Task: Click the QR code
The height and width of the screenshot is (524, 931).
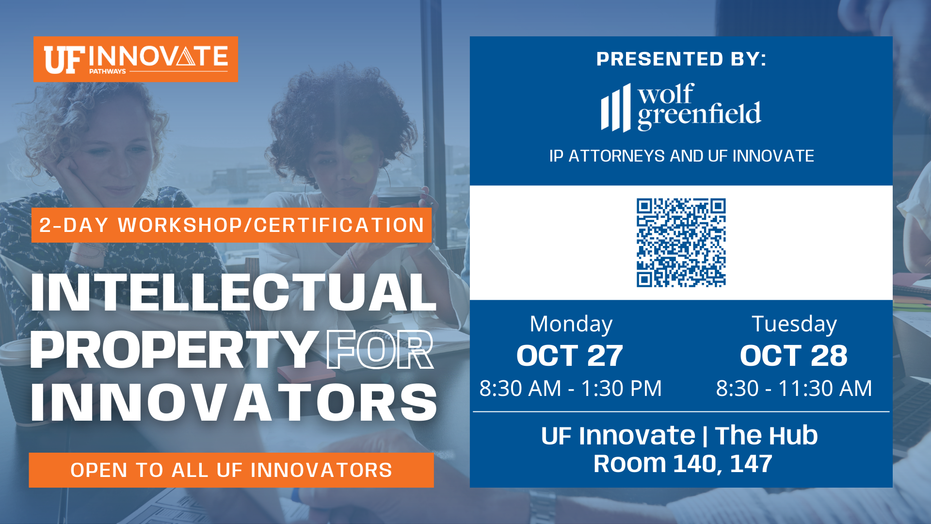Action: (681, 243)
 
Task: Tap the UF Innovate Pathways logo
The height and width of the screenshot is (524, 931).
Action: (136, 59)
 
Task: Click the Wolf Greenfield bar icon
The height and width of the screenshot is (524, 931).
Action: (616, 108)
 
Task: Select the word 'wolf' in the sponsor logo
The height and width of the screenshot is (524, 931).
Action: (666, 94)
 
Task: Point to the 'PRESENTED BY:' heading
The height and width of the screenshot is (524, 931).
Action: (681, 59)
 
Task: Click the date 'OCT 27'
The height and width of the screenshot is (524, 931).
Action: (570, 356)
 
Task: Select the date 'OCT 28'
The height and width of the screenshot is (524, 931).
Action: (794, 356)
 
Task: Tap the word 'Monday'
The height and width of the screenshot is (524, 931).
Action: (571, 324)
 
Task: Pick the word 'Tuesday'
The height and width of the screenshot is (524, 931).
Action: (794, 324)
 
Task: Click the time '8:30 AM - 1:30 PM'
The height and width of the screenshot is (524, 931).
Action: (571, 388)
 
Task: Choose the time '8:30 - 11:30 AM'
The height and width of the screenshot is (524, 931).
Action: (794, 388)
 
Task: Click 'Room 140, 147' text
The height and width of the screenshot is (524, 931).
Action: (683, 464)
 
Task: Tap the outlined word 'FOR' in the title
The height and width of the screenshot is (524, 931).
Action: (380, 350)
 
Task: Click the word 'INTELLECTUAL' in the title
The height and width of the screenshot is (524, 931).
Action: (233, 292)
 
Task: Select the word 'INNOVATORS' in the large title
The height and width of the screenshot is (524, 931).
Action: (234, 402)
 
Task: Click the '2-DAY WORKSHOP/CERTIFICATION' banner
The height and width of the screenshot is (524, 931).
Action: (232, 225)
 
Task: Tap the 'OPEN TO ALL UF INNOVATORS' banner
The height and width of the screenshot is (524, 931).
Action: (231, 470)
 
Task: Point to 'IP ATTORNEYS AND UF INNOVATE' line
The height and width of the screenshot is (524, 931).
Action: (681, 156)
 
